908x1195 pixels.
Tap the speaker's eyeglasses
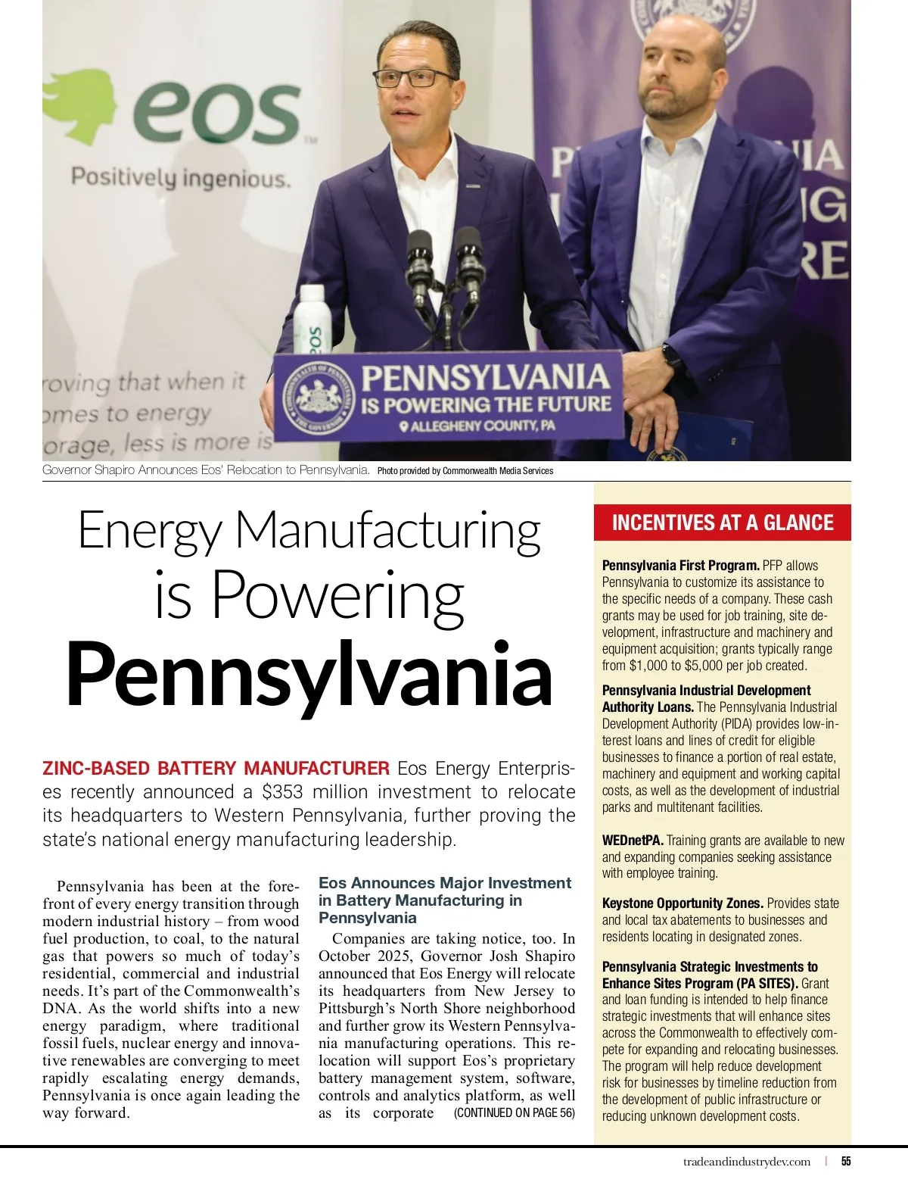(x=414, y=78)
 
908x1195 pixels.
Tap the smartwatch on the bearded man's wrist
(x=671, y=356)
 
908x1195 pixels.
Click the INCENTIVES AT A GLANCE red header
(x=723, y=523)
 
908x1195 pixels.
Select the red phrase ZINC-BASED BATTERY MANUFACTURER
(x=216, y=769)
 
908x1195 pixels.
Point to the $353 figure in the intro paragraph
(x=282, y=792)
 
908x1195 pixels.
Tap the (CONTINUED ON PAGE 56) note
(x=515, y=1112)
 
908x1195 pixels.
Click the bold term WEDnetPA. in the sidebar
(x=633, y=841)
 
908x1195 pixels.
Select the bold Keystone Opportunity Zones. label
(x=683, y=903)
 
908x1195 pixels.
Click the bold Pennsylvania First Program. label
(x=681, y=566)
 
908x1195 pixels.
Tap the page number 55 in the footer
(x=846, y=1162)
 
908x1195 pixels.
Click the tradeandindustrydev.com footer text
(x=746, y=1162)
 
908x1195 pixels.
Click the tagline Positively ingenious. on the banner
(x=181, y=179)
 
